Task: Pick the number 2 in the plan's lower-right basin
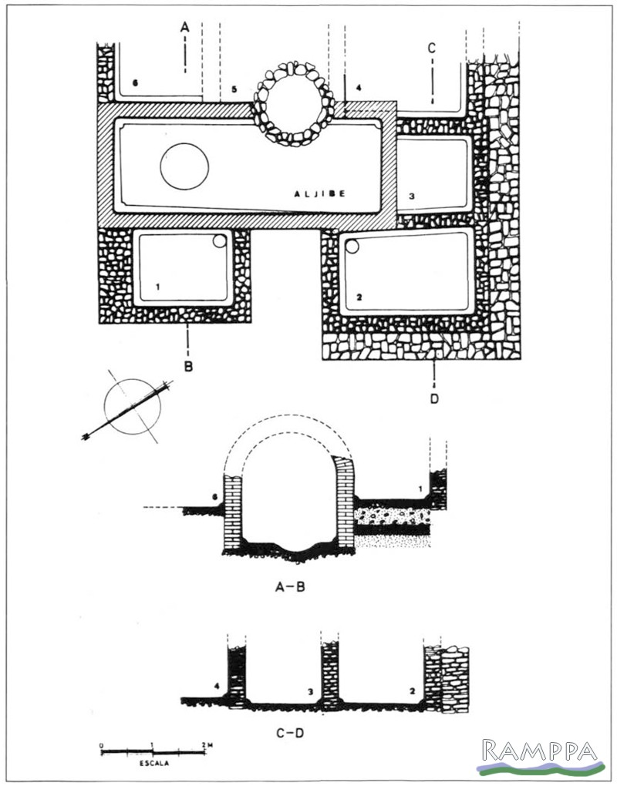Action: click(x=359, y=296)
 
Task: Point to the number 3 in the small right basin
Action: click(x=412, y=196)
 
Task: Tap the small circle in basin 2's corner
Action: click(x=352, y=248)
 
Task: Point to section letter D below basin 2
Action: click(x=433, y=398)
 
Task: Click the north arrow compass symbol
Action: click(x=130, y=409)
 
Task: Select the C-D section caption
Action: click(x=290, y=731)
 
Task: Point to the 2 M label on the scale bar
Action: click(x=205, y=744)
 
